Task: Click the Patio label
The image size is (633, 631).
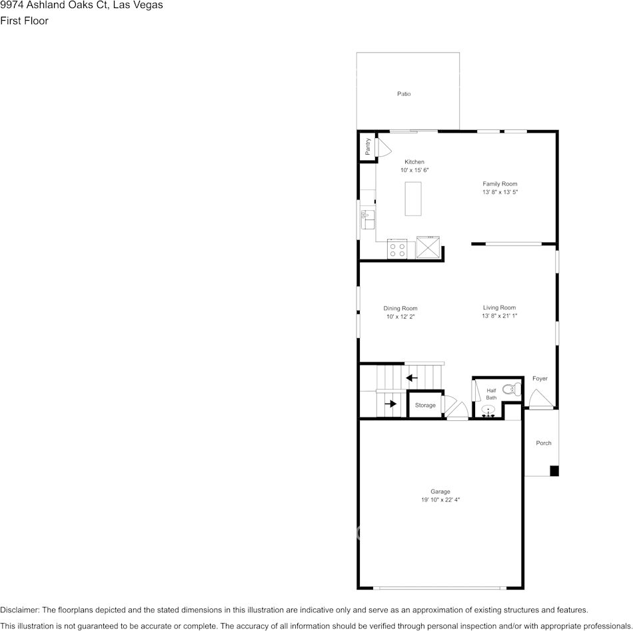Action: (x=404, y=94)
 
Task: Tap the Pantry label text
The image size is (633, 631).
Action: (x=367, y=146)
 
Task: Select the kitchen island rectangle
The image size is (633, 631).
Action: (x=414, y=198)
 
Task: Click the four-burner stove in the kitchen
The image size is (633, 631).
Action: (x=398, y=249)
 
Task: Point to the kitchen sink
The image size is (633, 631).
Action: (x=367, y=218)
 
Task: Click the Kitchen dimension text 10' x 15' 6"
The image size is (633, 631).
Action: (x=414, y=171)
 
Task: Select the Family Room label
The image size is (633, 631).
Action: (x=500, y=184)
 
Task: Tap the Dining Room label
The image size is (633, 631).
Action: (x=400, y=309)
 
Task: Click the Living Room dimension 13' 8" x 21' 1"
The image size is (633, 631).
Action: (x=500, y=316)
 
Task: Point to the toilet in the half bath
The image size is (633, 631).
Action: (x=509, y=390)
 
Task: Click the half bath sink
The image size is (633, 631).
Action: (x=488, y=412)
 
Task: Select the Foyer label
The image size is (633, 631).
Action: (x=540, y=379)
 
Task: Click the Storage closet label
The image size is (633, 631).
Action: (x=425, y=406)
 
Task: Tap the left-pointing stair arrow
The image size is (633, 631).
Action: (x=412, y=378)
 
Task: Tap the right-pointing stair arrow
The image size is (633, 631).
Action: (x=390, y=404)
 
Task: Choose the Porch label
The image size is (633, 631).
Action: (x=544, y=443)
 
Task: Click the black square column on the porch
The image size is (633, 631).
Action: (x=554, y=471)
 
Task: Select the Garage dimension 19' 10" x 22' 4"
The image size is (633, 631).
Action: (x=440, y=500)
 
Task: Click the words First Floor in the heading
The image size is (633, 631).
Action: (x=24, y=21)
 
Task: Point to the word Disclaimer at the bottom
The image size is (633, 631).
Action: (x=19, y=610)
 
